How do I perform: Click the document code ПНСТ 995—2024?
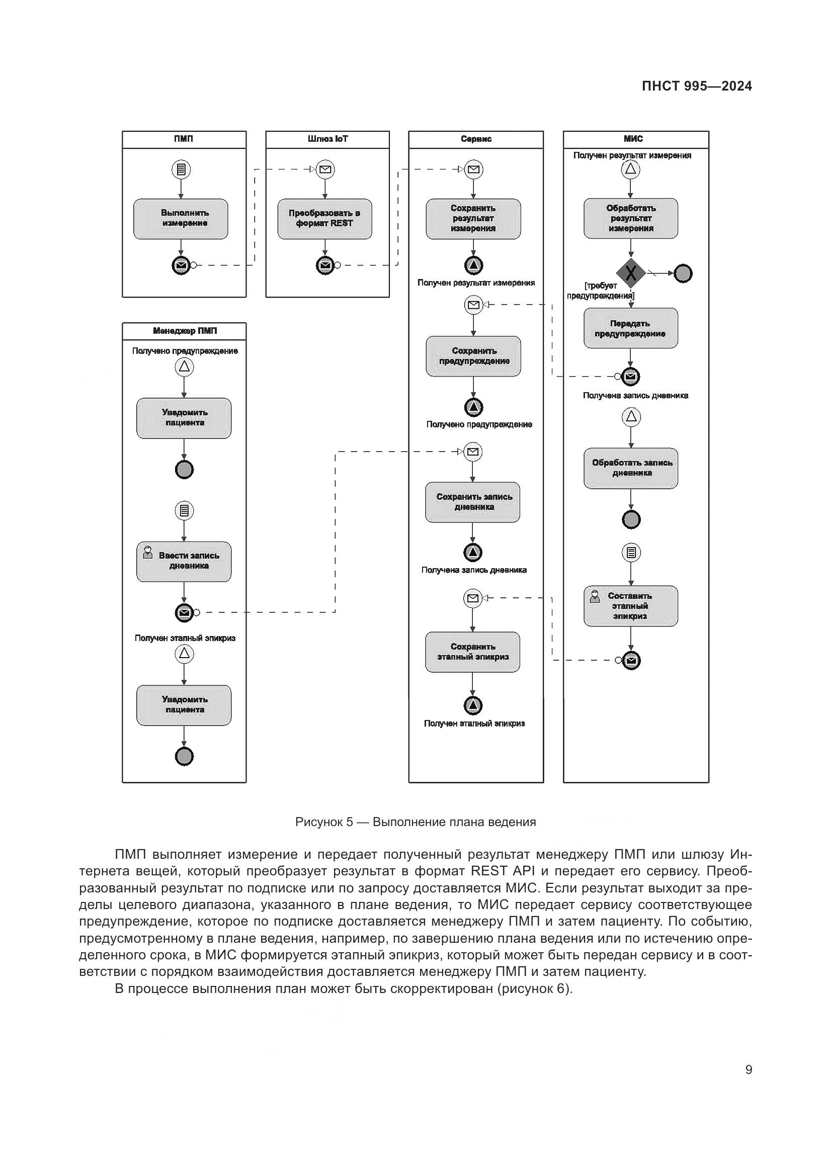(696, 86)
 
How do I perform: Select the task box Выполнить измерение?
(181, 219)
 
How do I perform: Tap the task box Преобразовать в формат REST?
(325, 219)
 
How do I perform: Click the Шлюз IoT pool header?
(327, 139)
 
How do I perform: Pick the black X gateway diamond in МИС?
(631, 273)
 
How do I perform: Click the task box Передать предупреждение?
(631, 328)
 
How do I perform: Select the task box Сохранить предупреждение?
(473, 356)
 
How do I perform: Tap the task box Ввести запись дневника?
(184, 562)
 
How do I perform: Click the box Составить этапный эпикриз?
(631, 606)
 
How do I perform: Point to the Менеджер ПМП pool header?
(184, 331)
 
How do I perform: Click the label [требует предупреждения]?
(601, 291)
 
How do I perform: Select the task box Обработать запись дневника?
(631, 468)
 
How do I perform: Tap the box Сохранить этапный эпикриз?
(472, 652)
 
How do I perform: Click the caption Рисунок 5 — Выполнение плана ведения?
(415, 822)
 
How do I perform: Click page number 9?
(748, 1069)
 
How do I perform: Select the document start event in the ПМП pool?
(181, 169)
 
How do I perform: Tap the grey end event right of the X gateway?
(683, 274)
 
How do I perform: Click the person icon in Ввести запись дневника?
(148, 552)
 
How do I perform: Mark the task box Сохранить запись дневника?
(472, 502)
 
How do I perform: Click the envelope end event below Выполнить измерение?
(181, 265)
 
